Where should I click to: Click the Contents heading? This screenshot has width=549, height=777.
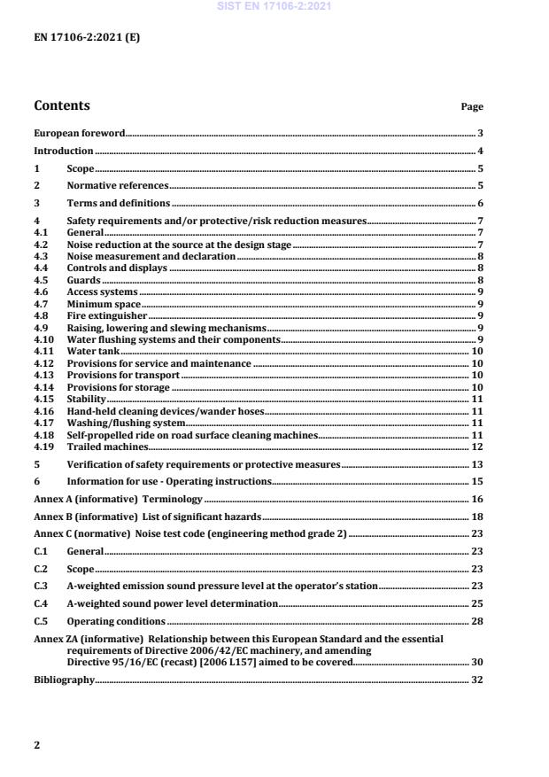62,106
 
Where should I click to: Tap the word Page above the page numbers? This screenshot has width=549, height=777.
472,107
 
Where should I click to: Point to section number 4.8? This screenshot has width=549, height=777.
41,315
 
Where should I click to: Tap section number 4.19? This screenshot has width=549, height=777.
43,447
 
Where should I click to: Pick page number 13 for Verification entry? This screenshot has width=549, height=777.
476,464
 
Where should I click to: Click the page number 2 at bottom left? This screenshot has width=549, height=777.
37,745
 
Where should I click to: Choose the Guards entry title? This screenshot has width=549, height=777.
84,280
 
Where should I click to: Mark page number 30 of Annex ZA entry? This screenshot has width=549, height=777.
476,662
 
